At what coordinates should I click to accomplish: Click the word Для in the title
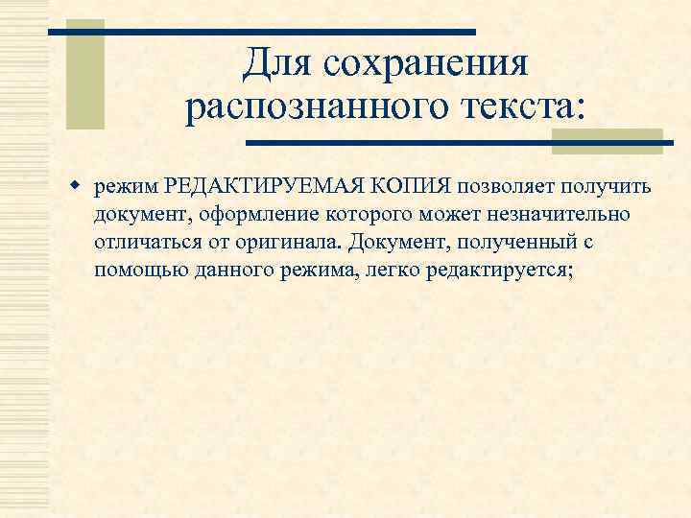point(276,65)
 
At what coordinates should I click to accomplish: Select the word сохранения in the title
point(426,65)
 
